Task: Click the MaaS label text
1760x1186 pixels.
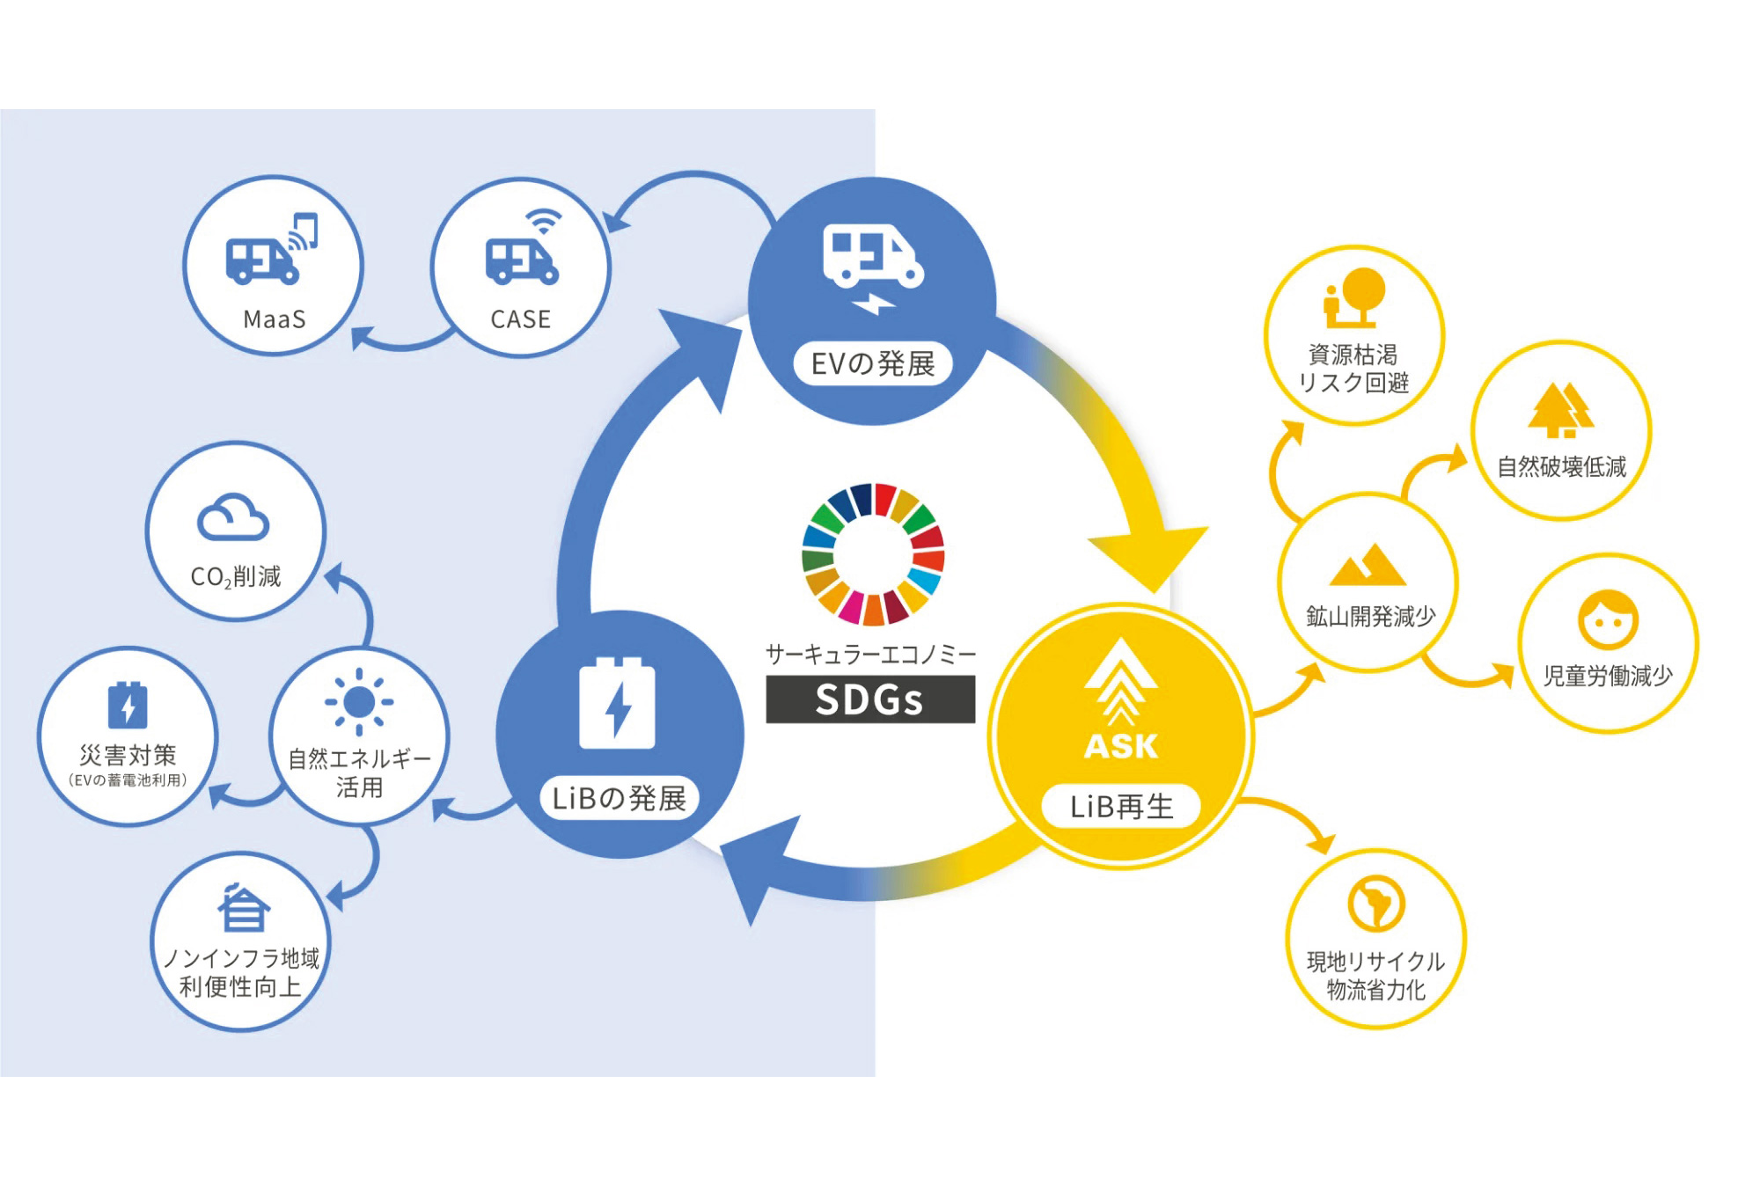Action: point(275,318)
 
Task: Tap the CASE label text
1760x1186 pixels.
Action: point(521,318)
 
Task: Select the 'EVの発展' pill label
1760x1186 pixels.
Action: point(872,363)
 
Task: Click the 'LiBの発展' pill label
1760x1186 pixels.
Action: point(619,798)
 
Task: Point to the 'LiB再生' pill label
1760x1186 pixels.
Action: point(1121,806)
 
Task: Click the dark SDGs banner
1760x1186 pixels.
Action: point(869,699)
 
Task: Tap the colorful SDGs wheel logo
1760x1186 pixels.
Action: point(873,554)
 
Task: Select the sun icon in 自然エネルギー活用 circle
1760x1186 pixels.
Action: point(359,702)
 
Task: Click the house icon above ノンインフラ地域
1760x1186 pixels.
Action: point(243,908)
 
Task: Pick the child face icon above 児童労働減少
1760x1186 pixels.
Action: point(1608,619)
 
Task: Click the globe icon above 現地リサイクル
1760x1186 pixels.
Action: point(1375,903)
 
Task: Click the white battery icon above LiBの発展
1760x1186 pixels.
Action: point(617,703)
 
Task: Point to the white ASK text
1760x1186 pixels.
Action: point(1121,746)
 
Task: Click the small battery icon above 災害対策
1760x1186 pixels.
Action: point(128,705)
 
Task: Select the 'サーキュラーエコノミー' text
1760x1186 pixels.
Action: point(870,654)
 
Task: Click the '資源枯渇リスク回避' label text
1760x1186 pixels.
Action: point(1353,369)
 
